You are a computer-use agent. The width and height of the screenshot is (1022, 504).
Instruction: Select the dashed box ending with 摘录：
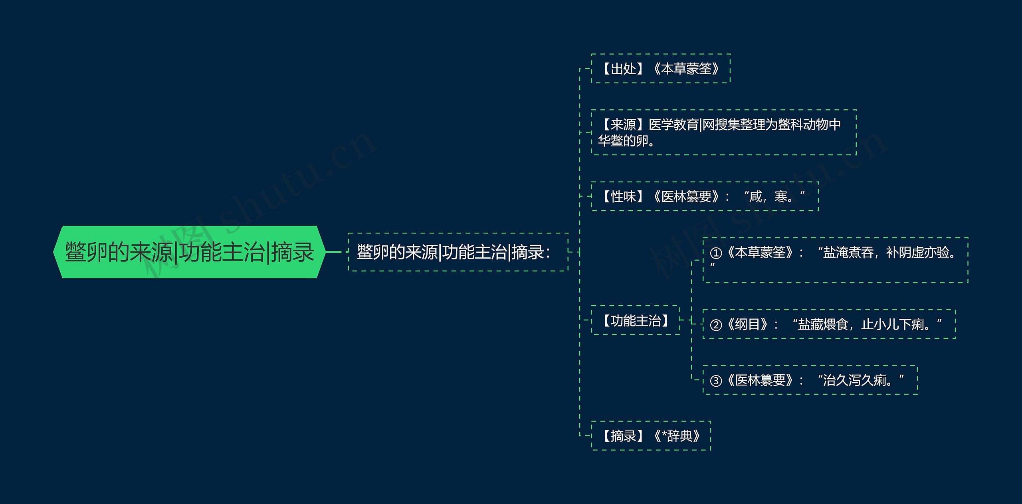458,252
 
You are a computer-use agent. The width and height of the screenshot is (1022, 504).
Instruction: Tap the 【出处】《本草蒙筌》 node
660,69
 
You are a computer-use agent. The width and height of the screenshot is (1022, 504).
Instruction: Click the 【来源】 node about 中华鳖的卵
723,132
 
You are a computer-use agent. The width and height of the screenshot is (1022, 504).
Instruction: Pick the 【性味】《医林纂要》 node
704,196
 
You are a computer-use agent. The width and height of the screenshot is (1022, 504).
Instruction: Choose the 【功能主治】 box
635,320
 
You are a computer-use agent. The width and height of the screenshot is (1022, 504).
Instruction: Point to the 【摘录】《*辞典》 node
651,436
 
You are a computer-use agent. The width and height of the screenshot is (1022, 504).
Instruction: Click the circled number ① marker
716,253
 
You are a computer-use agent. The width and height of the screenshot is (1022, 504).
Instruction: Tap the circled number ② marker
716,325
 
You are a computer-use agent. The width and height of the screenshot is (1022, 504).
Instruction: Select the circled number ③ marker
716,381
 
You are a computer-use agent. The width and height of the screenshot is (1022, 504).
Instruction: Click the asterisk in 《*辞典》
664,435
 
